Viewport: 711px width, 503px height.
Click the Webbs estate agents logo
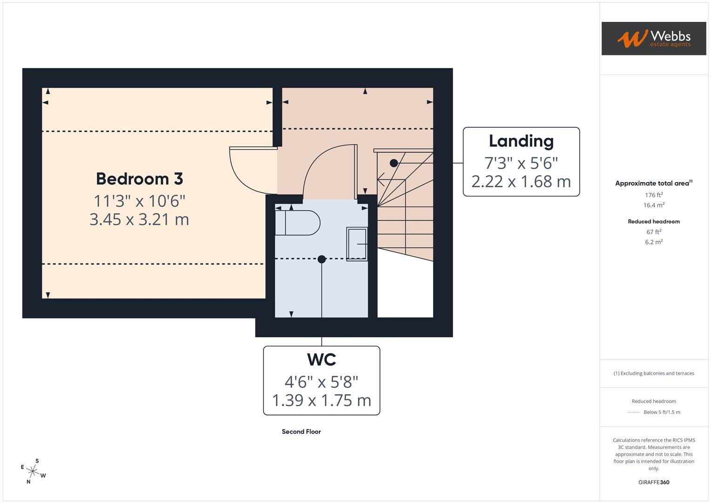click(x=653, y=39)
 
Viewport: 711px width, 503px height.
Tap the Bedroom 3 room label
click(x=139, y=179)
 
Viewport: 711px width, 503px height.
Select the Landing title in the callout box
click(x=521, y=141)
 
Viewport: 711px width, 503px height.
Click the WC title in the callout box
click(x=321, y=360)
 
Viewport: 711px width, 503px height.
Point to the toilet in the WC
click(x=298, y=223)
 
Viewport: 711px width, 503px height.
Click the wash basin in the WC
click(x=357, y=244)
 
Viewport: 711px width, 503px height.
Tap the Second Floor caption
click(x=301, y=432)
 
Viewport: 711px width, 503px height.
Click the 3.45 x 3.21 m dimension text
click(x=139, y=219)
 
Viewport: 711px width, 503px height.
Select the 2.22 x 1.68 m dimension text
click(x=521, y=181)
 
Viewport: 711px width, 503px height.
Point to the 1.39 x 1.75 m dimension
click(x=321, y=400)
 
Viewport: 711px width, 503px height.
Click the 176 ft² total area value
click(x=654, y=195)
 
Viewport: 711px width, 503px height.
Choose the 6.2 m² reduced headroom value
click(x=654, y=242)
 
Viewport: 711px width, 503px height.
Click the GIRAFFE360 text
click(x=654, y=483)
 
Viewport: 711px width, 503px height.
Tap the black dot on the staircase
click(x=394, y=163)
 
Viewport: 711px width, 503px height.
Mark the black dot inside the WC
click(x=322, y=259)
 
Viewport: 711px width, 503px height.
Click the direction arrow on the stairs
click(x=382, y=177)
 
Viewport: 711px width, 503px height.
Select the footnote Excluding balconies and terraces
click(x=654, y=374)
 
